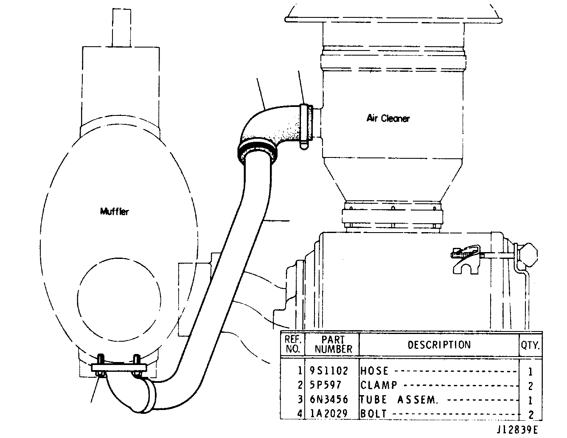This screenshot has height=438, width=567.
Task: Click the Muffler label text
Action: pyautogui.click(x=114, y=211)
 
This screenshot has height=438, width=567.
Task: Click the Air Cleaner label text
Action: pyautogui.click(x=388, y=118)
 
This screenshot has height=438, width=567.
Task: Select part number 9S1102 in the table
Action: pyautogui.click(x=329, y=371)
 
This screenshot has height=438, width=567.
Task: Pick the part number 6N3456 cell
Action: pyautogui.click(x=329, y=399)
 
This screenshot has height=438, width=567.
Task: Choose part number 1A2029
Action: pyautogui.click(x=329, y=414)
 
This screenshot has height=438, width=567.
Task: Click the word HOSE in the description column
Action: pyautogui.click(x=374, y=371)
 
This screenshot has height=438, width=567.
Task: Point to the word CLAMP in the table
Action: pyautogui.click(x=379, y=385)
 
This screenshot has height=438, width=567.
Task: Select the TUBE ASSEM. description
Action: pyautogui.click(x=399, y=399)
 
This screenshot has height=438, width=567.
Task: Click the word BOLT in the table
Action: pyautogui.click(x=373, y=414)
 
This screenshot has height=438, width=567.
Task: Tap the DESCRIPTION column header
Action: pyautogui.click(x=439, y=345)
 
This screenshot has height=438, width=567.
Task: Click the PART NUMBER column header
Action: pyautogui.click(x=333, y=344)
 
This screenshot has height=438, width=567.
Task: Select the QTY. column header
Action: pyautogui.click(x=531, y=345)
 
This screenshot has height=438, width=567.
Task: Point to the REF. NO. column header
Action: pyautogui.click(x=293, y=344)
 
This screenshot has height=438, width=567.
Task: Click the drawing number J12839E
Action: pyautogui.click(x=517, y=430)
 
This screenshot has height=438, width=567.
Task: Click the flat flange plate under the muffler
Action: pyautogui.click(x=119, y=368)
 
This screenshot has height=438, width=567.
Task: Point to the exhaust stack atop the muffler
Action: pyautogui.click(x=122, y=28)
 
